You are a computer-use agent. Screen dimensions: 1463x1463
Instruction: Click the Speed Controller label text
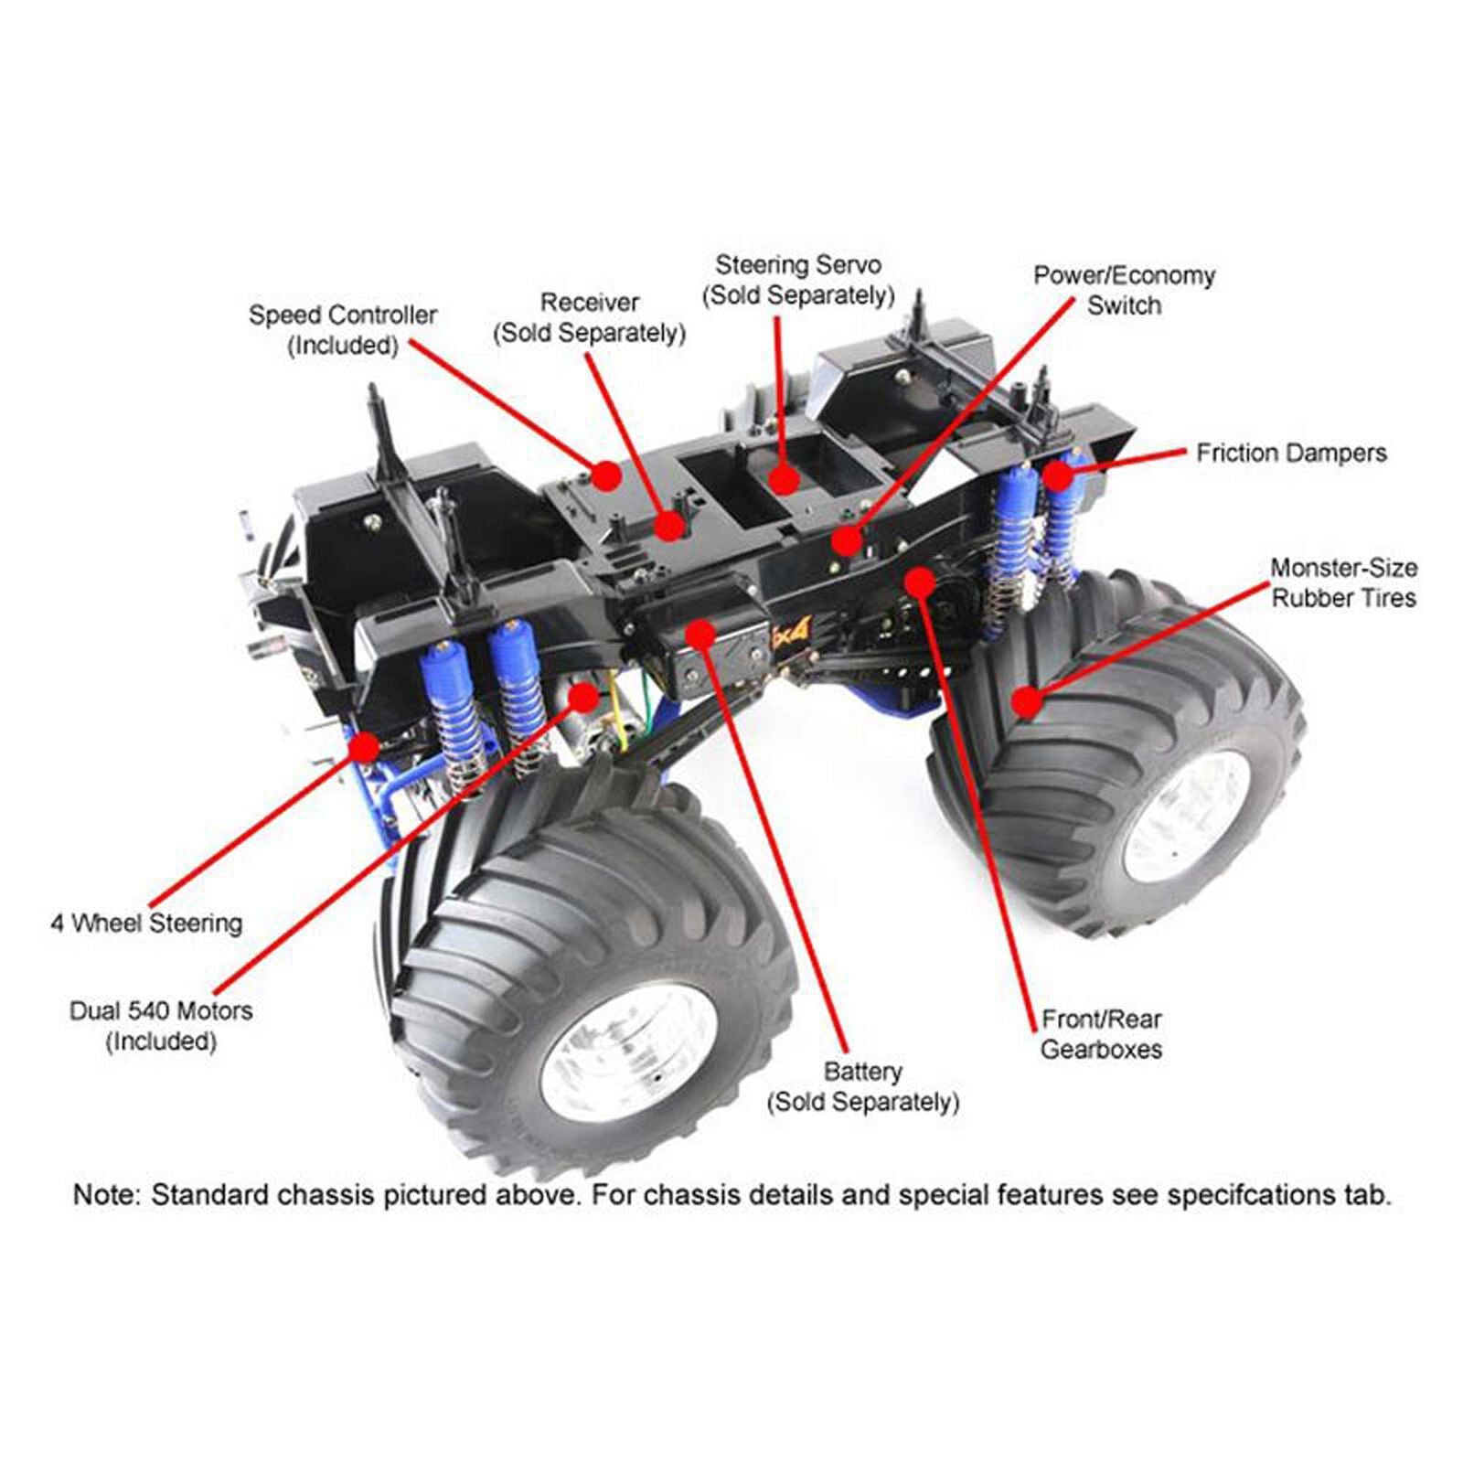343,329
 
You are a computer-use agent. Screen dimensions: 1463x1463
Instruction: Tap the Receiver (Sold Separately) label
590,317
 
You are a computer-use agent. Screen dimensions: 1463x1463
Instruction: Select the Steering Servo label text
797,280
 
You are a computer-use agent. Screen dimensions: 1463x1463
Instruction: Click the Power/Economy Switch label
1124,290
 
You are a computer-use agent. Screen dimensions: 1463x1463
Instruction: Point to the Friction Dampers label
1291,453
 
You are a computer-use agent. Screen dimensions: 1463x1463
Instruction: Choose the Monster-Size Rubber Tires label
1343,582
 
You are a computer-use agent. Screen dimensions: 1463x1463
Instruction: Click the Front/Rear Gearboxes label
1101,1033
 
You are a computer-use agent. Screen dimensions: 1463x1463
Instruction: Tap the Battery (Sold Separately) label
863,1086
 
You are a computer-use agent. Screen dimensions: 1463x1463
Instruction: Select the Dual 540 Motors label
161,1025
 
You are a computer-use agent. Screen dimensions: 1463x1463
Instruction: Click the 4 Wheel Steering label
146,923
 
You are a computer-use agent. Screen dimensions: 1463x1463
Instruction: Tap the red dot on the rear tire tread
1027,702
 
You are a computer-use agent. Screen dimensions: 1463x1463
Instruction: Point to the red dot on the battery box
700,632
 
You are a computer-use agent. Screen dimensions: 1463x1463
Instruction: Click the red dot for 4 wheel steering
365,747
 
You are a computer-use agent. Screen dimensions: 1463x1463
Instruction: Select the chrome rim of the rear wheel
1187,817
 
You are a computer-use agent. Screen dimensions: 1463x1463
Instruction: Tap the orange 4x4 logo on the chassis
792,631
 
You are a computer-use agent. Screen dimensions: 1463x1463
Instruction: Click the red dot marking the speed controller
605,475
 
